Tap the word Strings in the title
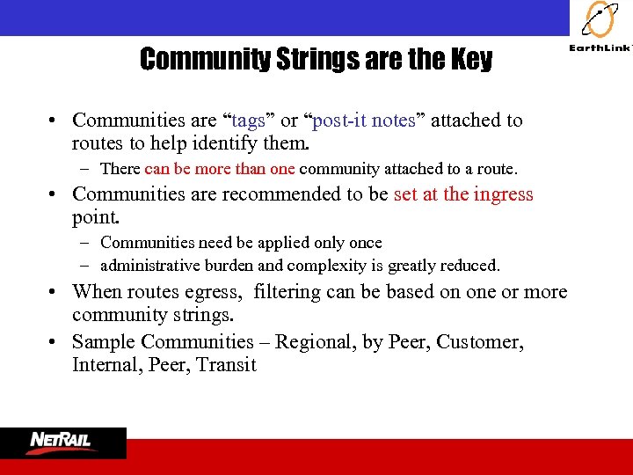tap(302, 60)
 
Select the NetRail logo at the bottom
tap(62, 442)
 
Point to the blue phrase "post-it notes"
tap(363, 121)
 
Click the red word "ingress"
tap(503, 194)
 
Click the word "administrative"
tap(150, 265)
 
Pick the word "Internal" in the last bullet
tap(103, 365)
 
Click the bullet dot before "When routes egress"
tap(55, 292)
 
